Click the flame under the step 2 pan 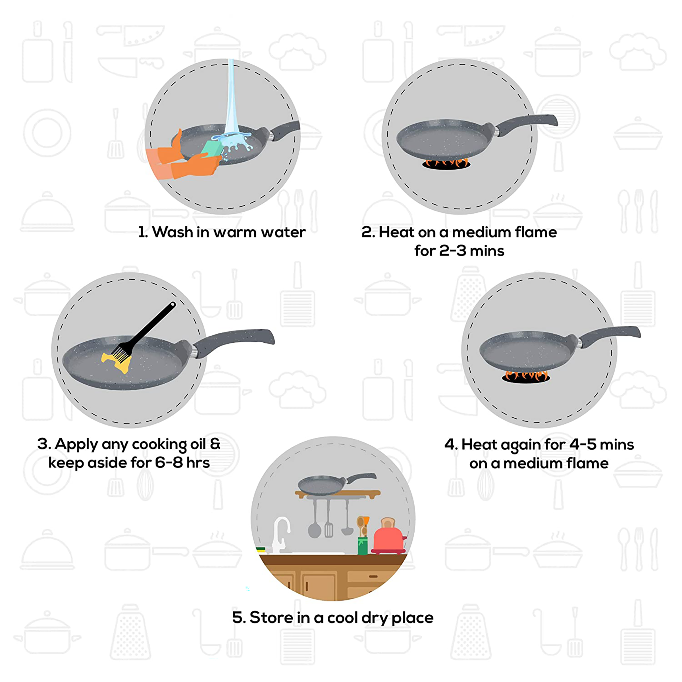pos(446,163)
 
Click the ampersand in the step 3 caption pos(215,444)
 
